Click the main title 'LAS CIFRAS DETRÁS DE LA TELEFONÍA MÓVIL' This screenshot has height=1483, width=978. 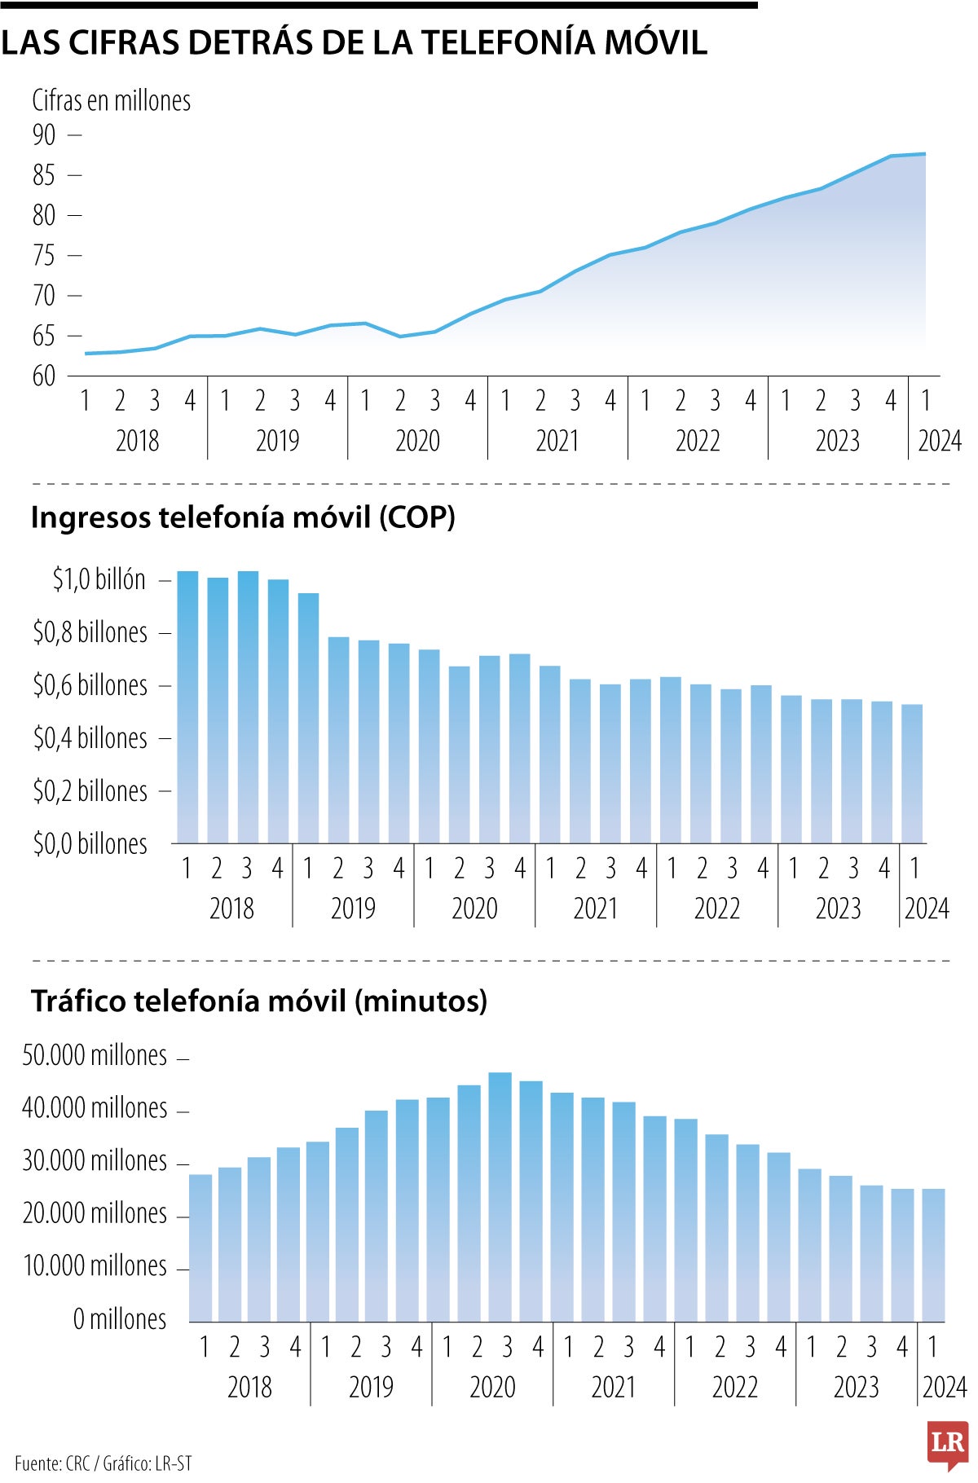[354, 43]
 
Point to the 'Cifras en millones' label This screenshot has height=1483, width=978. [111, 101]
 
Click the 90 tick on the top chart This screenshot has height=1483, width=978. [45, 135]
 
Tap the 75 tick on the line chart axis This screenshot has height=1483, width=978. [45, 256]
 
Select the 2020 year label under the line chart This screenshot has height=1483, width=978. [417, 441]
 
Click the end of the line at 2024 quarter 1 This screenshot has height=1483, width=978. [924, 154]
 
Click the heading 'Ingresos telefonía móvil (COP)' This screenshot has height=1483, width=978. [243, 517]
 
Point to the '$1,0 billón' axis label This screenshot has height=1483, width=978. [99, 579]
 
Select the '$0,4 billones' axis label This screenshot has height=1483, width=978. [90, 738]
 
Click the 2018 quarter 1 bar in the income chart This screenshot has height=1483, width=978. [188, 707]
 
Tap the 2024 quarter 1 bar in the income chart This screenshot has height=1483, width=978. [912, 774]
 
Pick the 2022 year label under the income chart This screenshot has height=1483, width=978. [716, 909]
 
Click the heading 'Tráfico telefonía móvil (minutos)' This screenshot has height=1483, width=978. [259, 1001]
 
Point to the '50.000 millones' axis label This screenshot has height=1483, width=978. [95, 1056]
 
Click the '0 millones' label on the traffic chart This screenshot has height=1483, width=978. [119, 1319]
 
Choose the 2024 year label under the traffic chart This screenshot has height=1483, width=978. [944, 1388]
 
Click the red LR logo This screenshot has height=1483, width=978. [947, 1446]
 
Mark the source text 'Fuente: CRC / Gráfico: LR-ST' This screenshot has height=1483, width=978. [104, 1463]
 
